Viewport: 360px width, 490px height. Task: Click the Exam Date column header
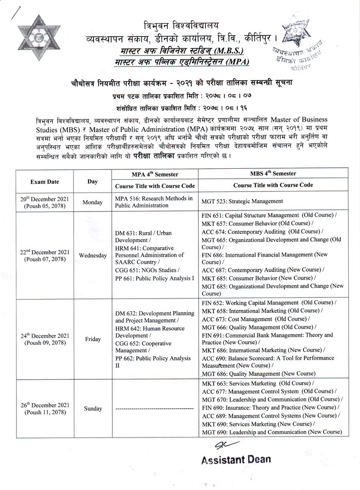click(x=45, y=182)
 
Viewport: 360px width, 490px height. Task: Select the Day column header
click(x=93, y=182)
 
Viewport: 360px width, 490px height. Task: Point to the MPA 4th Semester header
click(x=154, y=174)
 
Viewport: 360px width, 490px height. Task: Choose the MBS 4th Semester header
click(x=273, y=174)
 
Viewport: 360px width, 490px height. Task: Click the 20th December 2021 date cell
click(x=45, y=202)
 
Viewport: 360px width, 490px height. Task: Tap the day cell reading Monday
click(x=93, y=202)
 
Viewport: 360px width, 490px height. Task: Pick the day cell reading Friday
click(x=93, y=339)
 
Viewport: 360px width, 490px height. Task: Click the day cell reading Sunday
click(x=93, y=409)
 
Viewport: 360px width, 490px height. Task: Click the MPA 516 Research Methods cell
click(x=154, y=202)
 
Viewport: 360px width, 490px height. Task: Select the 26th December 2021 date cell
click(x=45, y=409)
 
